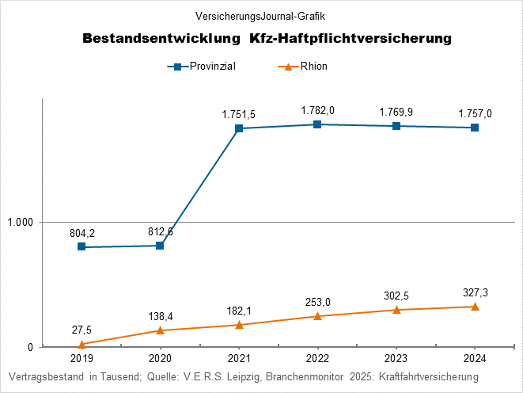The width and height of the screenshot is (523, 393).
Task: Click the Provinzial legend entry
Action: coord(207,67)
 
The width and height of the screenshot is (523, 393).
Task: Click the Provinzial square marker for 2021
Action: coord(239,128)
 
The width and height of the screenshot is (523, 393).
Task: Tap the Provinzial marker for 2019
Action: coord(81,247)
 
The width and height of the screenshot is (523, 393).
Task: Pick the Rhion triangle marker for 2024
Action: coord(475,307)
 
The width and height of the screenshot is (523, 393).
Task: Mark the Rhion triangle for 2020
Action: coord(160,330)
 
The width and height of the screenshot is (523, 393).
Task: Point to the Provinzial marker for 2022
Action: coord(317,124)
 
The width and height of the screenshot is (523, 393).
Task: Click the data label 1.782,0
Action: coord(317,110)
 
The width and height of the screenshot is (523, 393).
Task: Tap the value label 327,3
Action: coord(475,292)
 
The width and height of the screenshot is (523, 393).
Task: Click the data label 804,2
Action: coord(81,233)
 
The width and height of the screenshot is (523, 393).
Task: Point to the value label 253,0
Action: coord(317,301)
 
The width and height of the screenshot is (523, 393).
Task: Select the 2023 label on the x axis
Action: coord(396,358)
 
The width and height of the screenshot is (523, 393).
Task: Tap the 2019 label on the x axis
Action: coord(81,358)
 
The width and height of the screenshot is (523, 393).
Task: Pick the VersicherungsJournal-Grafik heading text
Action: coord(260,15)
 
